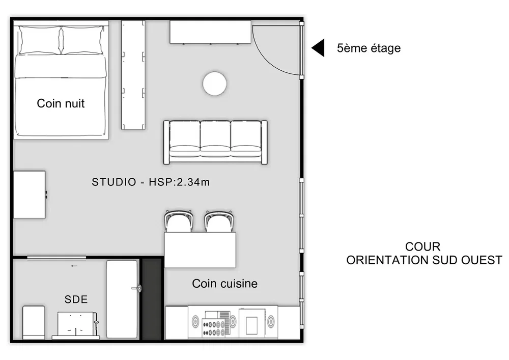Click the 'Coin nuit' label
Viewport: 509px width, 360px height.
tap(61, 103)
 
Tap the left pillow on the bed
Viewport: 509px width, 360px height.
tap(40, 40)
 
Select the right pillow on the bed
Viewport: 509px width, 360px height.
tap(82, 40)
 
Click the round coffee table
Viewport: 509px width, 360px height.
tap(215, 84)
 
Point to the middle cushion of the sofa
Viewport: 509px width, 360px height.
tap(215, 139)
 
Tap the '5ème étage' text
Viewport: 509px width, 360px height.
tap(369, 48)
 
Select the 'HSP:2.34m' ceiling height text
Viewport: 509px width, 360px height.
tap(179, 182)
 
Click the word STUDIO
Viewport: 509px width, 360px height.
tap(114, 182)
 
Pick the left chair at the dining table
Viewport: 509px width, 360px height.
tap(178, 221)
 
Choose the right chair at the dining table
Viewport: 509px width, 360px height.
tap(219, 221)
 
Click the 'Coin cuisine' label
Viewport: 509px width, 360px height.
tap(224, 284)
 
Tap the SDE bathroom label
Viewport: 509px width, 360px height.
tap(76, 299)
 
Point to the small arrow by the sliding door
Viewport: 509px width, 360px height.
tap(74, 266)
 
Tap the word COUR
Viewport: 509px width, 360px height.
tap(422, 247)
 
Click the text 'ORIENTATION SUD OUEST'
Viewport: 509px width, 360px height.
tap(424, 260)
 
